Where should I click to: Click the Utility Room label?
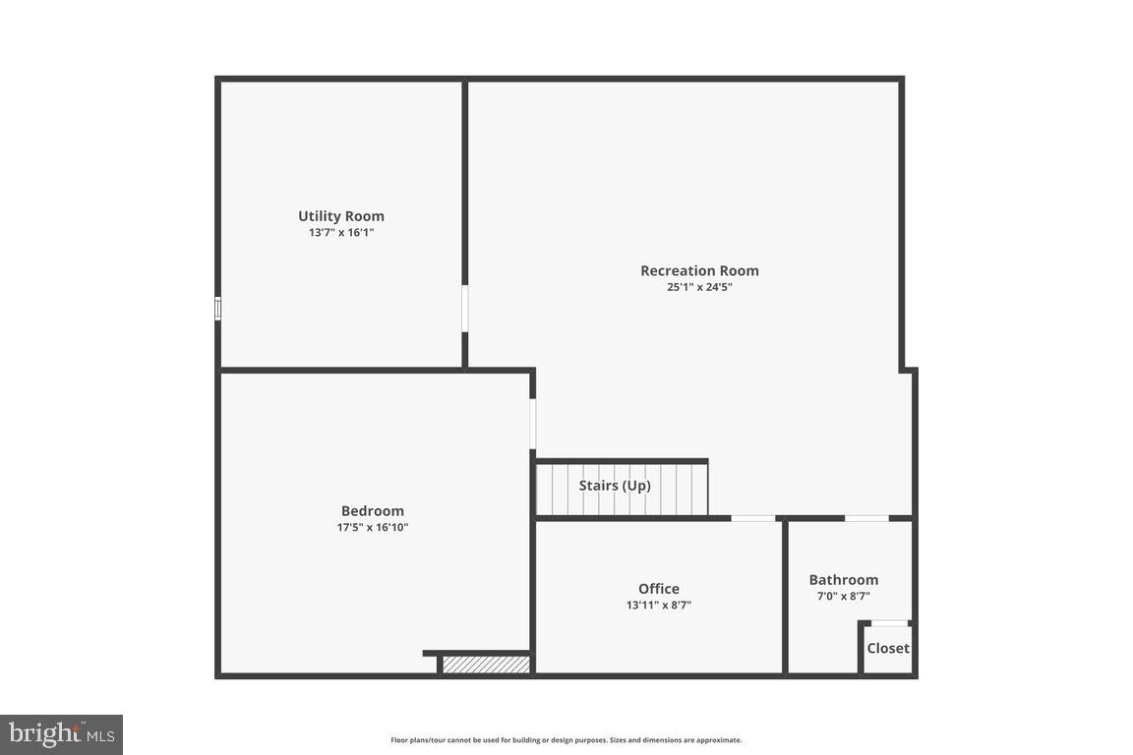[x=341, y=216]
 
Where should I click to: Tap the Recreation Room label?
[x=699, y=271]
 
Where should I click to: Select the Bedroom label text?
[x=373, y=511]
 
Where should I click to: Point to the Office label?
[x=659, y=589]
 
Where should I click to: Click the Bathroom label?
[x=844, y=580]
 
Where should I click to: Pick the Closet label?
[x=888, y=648]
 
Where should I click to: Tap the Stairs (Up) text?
[x=615, y=486]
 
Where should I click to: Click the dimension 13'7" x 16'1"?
[x=341, y=233]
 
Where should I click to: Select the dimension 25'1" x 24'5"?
[x=699, y=287]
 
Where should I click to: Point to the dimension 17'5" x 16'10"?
[x=373, y=527]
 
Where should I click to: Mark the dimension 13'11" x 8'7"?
[x=659, y=606]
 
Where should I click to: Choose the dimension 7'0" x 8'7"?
[x=844, y=596]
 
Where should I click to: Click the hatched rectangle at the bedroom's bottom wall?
[x=486, y=665]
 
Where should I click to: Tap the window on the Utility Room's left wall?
[x=218, y=309]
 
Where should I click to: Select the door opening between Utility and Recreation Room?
[x=465, y=309]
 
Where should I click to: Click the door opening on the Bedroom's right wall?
[x=533, y=424]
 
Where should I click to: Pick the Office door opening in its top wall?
[x=753, y=518]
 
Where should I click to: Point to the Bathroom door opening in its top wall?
[x=866, y=518]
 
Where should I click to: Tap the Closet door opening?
[x=889, y=623]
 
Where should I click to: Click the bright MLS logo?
[x=61, y=734]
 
